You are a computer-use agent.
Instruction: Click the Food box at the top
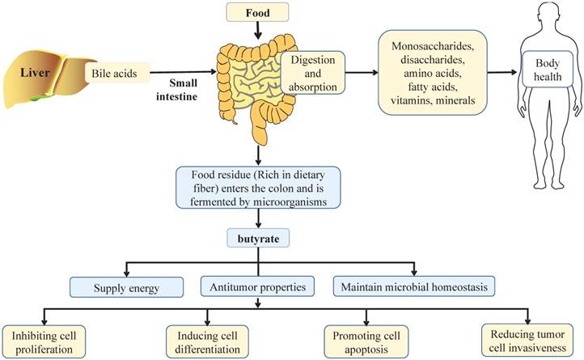pos(257,12)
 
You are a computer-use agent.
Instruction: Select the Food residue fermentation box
pos(257,188)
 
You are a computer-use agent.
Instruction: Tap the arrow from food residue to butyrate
pos(257,218)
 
